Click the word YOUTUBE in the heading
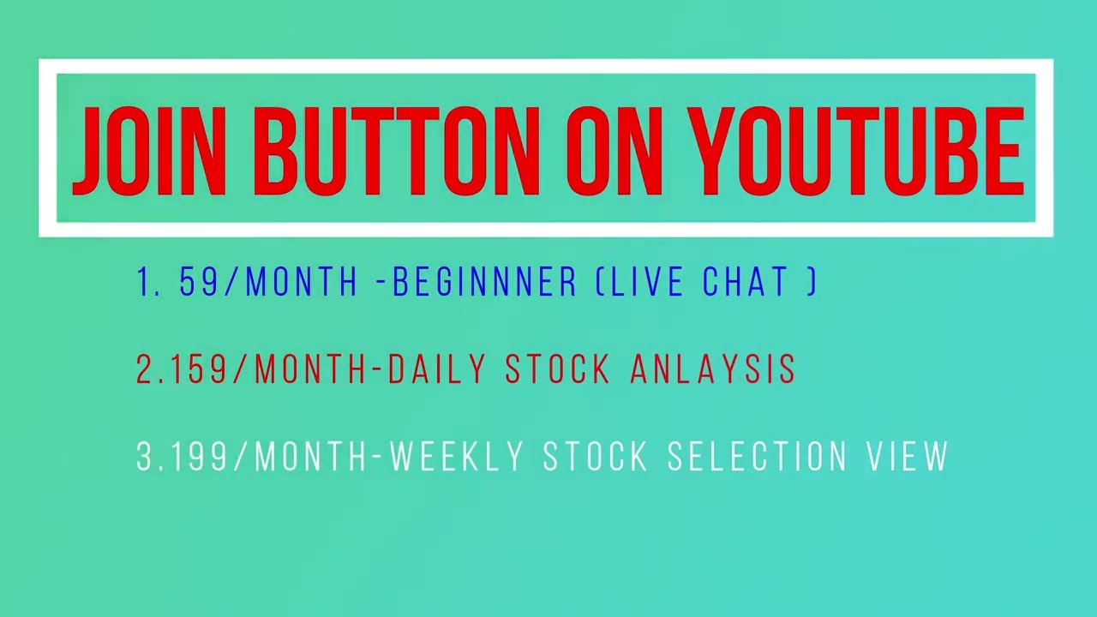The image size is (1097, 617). [x=857, y=152]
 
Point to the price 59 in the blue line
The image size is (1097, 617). [x=199, y=283]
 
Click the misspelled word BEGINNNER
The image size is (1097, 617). [x=485, y=283]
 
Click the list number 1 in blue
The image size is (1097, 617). [x=145, y=283]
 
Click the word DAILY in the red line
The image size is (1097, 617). [x=437, y=369]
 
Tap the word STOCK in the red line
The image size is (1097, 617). [x=557, y=369]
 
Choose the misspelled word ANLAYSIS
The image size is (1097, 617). [x=713, y=369]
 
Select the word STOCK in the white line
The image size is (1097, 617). [x=596, y=457]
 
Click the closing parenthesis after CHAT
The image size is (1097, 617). [x=812, y=283]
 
